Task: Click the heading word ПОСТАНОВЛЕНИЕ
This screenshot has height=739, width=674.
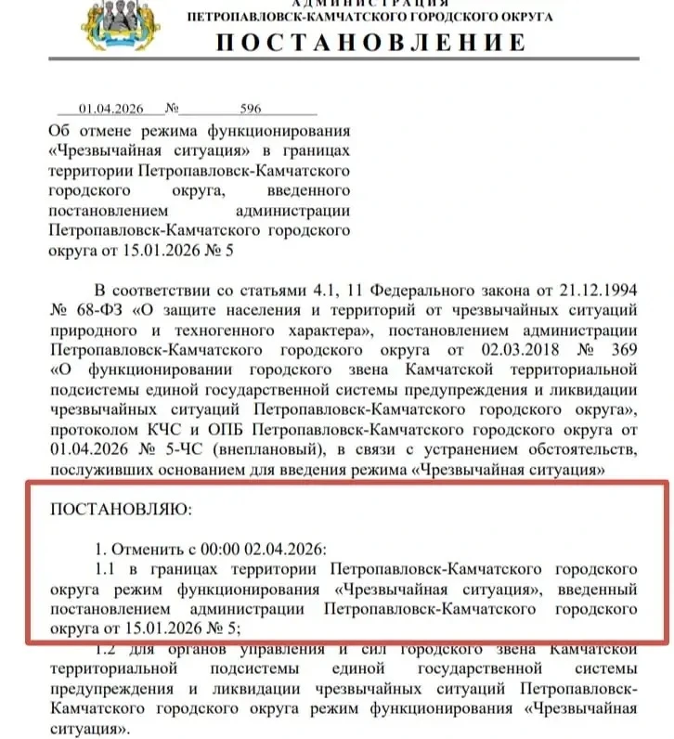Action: pyautogui.click(x=370, y=43)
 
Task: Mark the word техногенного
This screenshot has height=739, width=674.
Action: pyautogui.click(x=210, y=330)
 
